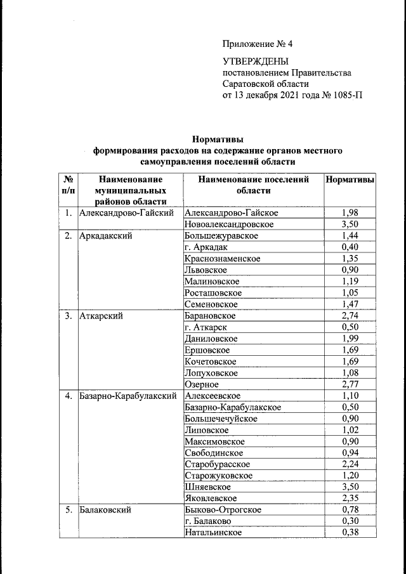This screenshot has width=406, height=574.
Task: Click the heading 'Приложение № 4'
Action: tap(258, 44)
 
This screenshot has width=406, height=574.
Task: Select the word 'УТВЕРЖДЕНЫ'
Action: tap(255, 62)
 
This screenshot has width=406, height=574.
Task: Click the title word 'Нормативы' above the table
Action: tap(218, 140)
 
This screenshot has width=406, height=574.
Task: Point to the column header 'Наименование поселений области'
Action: tap(253, 185)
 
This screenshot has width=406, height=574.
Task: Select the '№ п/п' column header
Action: tap(68, 185)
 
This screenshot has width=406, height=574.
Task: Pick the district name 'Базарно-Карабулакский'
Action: tap(128, 396)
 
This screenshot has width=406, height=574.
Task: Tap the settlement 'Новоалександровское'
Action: tap(229, 225)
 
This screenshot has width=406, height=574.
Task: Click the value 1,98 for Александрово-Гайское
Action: tap(350, 213)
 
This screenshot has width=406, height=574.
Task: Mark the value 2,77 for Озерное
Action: tap(350, 384)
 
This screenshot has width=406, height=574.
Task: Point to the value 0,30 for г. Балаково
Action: tap(350, 521)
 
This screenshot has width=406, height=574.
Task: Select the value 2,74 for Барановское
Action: tap(350, 316)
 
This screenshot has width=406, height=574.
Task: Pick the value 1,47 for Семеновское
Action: tap(350, 304)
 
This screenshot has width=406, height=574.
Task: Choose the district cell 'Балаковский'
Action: tap(106, 510)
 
